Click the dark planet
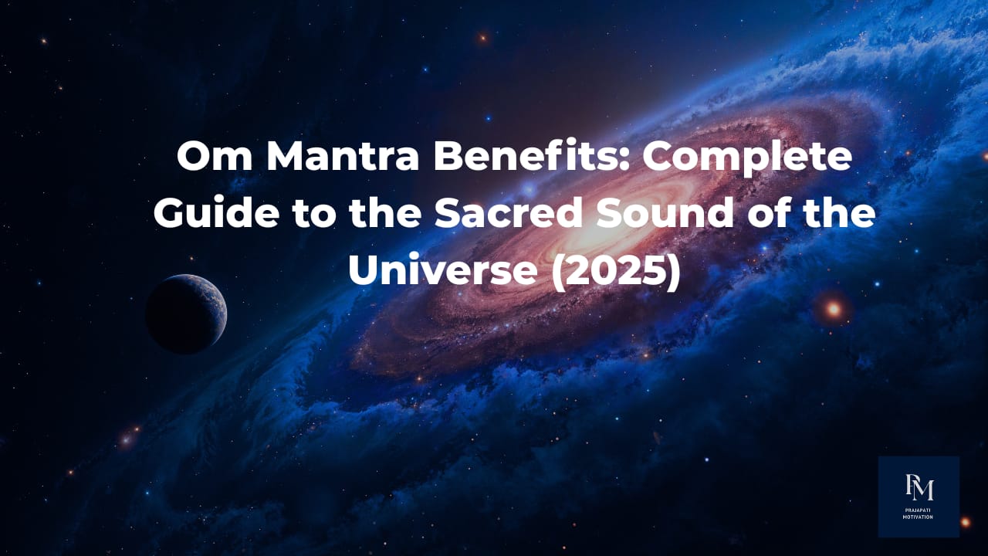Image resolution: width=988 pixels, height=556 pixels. (185, 314)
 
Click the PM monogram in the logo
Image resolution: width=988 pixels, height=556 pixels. (919, 488)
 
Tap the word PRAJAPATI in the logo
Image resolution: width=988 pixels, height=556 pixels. (919, 510)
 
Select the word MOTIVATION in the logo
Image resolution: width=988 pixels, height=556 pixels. (919, 517)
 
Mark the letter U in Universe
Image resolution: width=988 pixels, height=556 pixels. (364, 270)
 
